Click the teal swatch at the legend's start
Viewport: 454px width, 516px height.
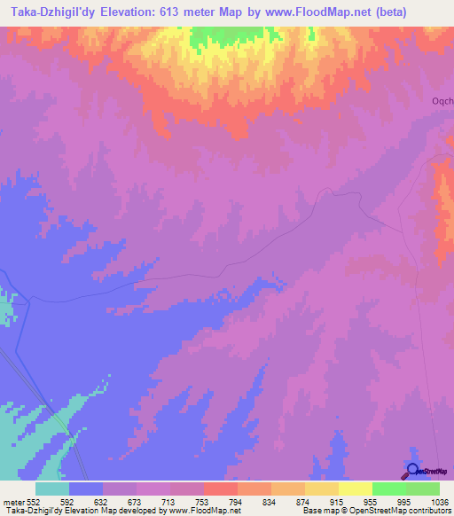[x=52, y=488]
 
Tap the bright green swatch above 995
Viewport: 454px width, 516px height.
[x=389, y=488]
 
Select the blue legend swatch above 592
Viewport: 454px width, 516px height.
[x=86, y=488]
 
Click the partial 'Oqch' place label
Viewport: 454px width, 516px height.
[x=442, y=101]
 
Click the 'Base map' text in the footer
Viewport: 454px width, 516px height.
[x=317, y=511]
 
